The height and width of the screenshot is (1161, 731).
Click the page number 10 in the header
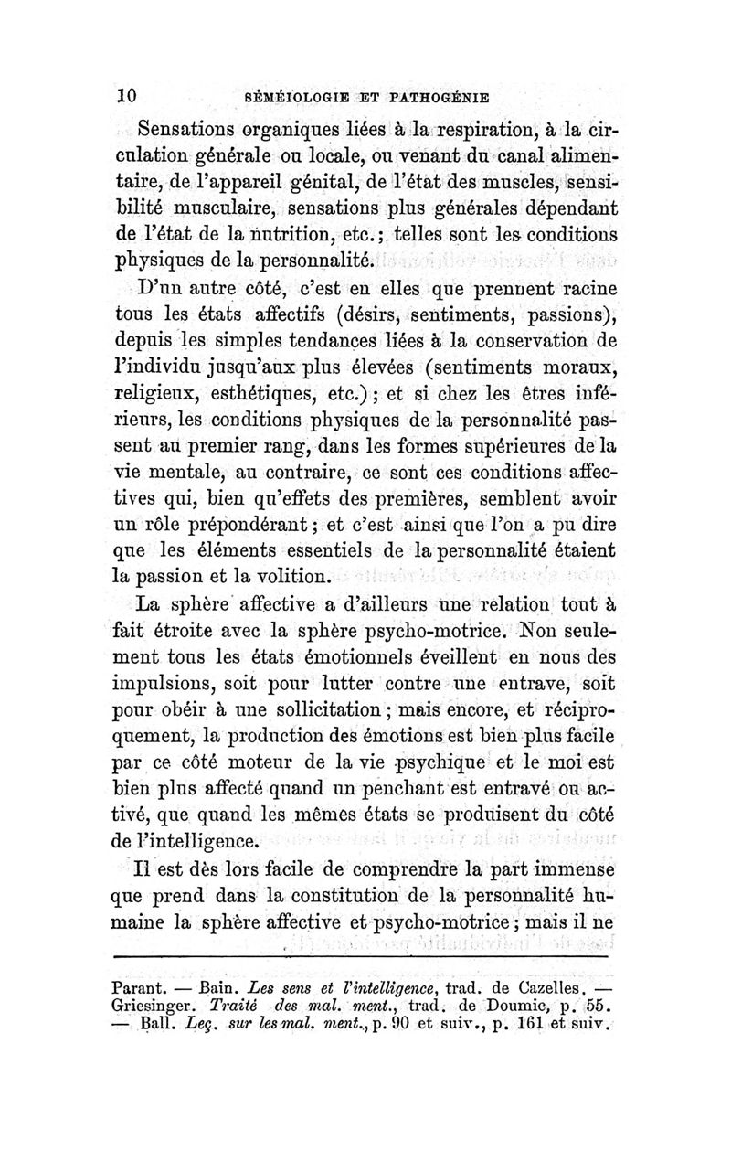pyautogui.click(x=126, y=95)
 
